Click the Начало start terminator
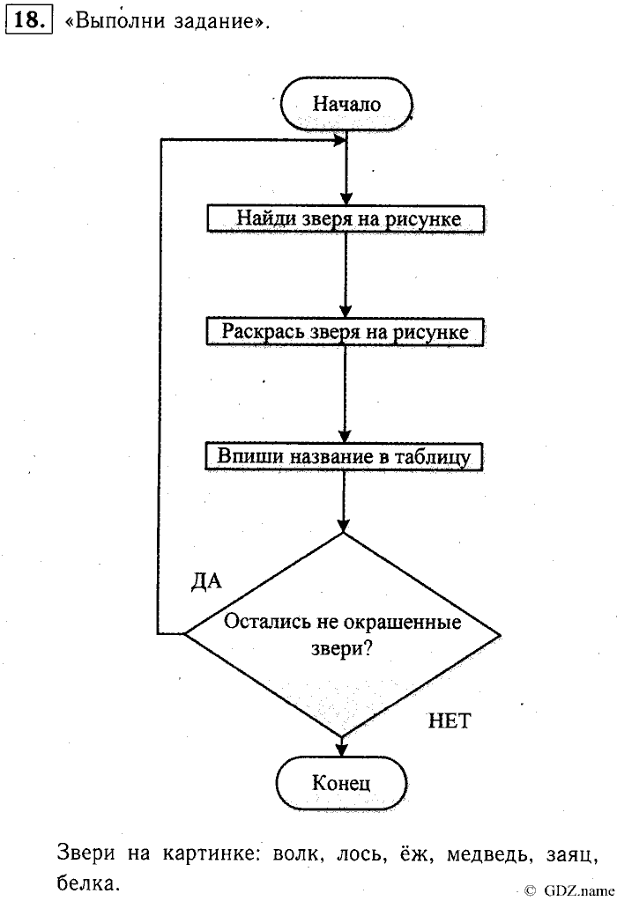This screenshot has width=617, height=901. pyautogui.click(x=346, y=104)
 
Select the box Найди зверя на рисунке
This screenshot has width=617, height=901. pyautogui.click(x=346, y=218)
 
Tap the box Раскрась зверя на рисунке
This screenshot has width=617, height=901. pyautogui.click(x=345, y=332)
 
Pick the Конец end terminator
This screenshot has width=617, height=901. pyautogui.click(x=341, y=781)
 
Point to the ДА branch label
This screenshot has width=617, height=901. pyautogui.click(x=206, y=582)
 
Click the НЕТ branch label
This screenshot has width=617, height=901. pyautogui.click(x=450, y=722)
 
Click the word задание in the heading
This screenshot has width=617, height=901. pyautogui.click(x=212, y=24)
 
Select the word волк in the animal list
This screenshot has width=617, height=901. pyautogui.click(x=299, y=854)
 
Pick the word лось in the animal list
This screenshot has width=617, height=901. pyautogui.click(x=361, y=854)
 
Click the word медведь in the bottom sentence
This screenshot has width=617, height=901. pyautogui.click(x=487, y=854)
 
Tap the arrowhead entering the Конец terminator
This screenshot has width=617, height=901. pyautogui.click(x=342, y=751)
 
